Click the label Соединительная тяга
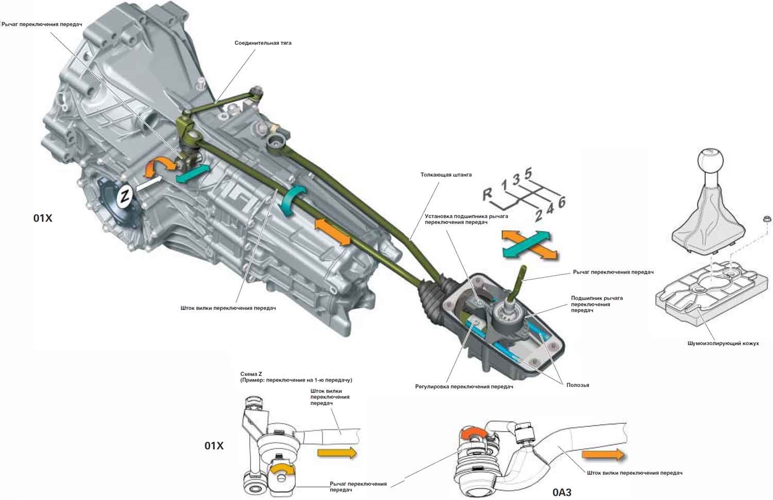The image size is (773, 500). (x=263, y=43)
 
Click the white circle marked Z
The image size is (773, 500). (x=124, y=196)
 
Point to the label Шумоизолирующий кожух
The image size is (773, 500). (x=723, y=343)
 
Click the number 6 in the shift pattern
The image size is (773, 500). (x=561, y=202)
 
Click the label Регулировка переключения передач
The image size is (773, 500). (x=464, y=386)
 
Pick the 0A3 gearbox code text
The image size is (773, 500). (x=562, y=492)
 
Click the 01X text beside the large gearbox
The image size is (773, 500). (x=43, y=218)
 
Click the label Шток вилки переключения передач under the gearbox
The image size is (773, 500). (x=228, y=308)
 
